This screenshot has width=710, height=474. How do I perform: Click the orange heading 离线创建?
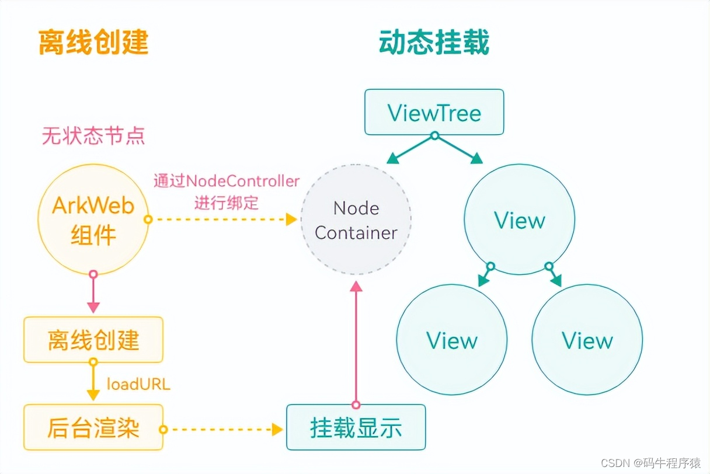pos(93,42)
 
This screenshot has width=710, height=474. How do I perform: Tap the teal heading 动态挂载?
pos(434,42)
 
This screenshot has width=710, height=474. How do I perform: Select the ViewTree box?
pos(434,111)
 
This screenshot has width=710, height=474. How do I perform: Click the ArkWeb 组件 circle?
pos(93,219)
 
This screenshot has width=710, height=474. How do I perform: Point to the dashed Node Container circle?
pos(356,219)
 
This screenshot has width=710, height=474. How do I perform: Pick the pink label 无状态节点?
pos(93,136)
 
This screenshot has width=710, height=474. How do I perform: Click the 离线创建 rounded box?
pos(93,340)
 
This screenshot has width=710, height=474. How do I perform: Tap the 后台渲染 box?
pos(93,428)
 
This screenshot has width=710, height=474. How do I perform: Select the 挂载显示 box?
pos(356,428)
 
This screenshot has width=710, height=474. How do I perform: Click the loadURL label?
pos(138,384)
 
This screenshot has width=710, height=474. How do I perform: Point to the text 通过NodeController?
pos(227,181)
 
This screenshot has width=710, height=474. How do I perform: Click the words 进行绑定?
pos(227,203)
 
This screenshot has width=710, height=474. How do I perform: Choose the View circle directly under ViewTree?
pos(519,219)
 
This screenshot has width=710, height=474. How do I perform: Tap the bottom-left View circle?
pos(451,340)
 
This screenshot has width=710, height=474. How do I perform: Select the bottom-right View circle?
pos(587,340)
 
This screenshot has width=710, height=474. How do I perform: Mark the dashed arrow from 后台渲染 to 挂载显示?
pos(222,429)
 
